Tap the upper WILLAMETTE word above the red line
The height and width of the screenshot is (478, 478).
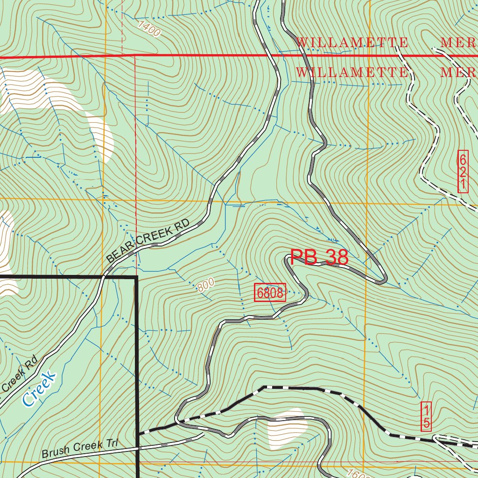click(352, 42)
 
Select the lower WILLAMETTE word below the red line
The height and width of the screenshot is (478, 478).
click(352, 73)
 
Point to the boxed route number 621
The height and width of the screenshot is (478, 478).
click(463, 171)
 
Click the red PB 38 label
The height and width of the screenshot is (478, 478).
click(319, 257)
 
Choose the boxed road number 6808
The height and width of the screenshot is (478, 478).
click(270, 293)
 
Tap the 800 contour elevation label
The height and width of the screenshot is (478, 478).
click(205, 285)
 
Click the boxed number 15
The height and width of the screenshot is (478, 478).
click(426, 416)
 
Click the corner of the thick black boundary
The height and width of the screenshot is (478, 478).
click(136, 278)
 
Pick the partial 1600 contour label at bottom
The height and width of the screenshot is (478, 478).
click(358, 473)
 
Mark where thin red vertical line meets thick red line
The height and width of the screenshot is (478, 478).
click(135, 56)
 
